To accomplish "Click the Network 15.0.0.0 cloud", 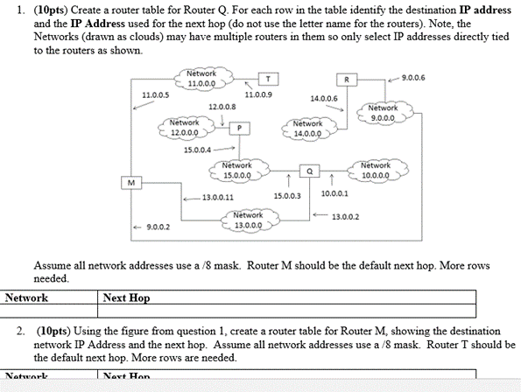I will pos(237,170).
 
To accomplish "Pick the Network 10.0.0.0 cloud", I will pos(376,170).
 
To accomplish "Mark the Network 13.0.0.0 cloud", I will pos(249,220).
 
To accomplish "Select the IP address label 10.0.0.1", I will pos(334,193).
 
